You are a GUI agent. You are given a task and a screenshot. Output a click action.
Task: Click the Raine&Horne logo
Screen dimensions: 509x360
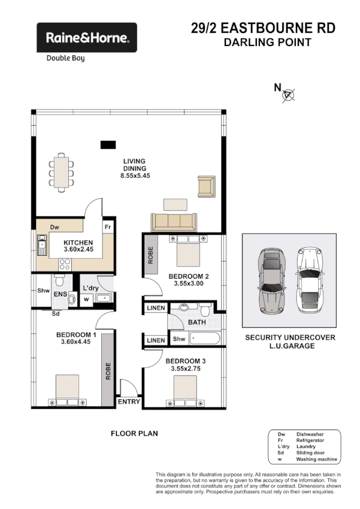tap(87, 38)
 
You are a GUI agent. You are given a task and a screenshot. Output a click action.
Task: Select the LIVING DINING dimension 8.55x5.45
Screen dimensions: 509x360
tap(135, 177)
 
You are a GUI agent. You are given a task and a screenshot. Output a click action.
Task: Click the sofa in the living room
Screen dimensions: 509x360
tap(173, 222)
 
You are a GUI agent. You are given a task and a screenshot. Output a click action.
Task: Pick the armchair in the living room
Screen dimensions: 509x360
tap(206, 186)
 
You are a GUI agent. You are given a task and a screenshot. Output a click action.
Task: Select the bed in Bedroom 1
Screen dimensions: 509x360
tap(66, 390)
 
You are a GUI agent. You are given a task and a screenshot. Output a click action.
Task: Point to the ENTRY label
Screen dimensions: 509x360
tap(129, 402)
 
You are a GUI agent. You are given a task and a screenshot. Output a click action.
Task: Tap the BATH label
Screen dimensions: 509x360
tap(196, 322)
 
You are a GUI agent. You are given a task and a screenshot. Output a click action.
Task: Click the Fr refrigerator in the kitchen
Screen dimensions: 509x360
tap(108, 228)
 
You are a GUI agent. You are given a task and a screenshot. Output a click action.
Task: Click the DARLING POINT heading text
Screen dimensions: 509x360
tap(267, 43)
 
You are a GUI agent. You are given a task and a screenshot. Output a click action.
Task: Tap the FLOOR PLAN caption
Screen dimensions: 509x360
tap(135, 433)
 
